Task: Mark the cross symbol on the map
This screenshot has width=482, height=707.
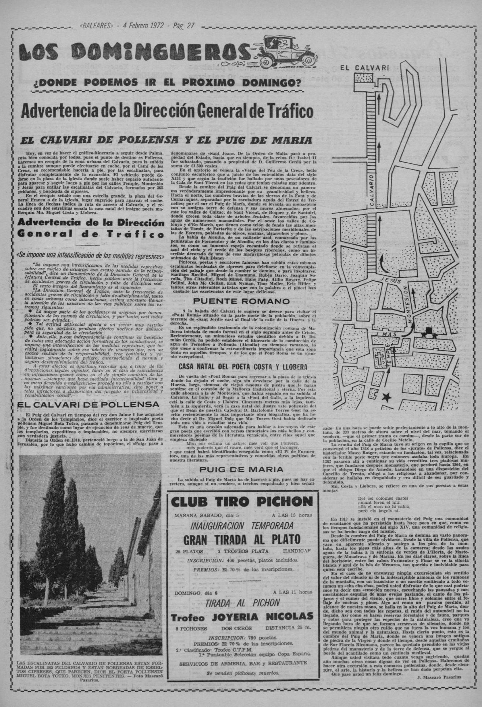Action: coord(377,356)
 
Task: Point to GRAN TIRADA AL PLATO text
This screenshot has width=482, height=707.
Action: coord(242,539)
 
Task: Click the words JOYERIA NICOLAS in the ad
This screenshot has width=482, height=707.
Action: coord(262,616)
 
